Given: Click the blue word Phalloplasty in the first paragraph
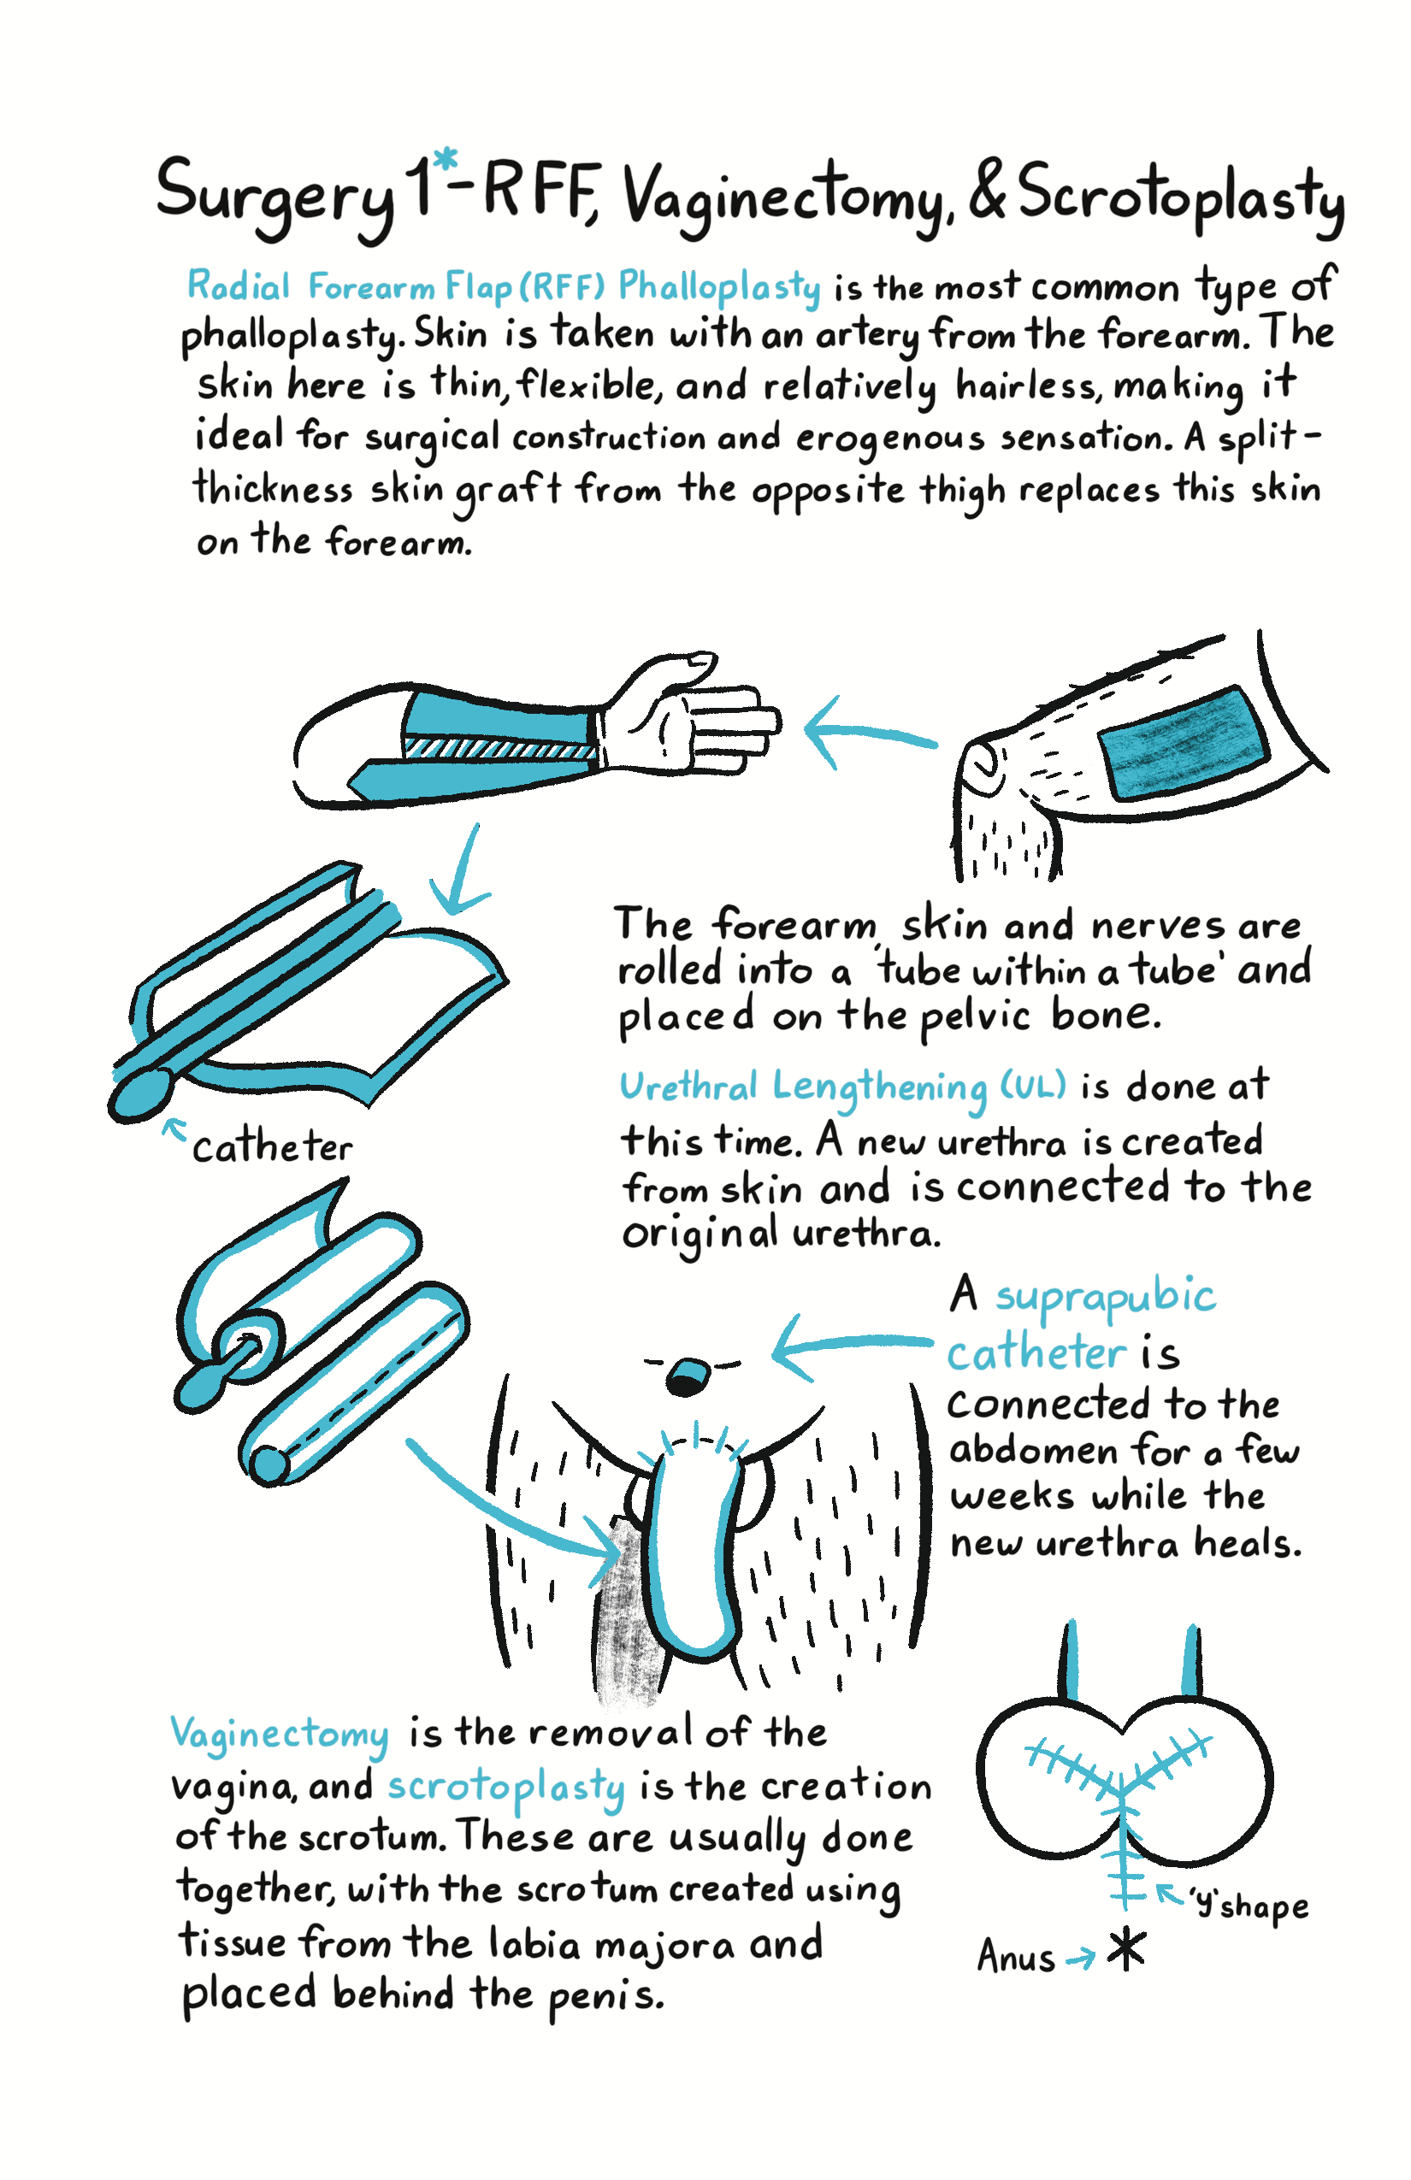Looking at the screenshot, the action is (719, 287).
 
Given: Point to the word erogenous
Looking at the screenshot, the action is (889, 439).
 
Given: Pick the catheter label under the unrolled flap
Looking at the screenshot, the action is (272, 1146).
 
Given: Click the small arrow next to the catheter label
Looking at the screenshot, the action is (174, 1128).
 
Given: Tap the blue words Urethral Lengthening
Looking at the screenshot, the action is (804, 1087).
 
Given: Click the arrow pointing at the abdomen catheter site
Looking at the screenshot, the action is (852, 1346).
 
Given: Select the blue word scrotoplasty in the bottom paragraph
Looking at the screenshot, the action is (506, 1788).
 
